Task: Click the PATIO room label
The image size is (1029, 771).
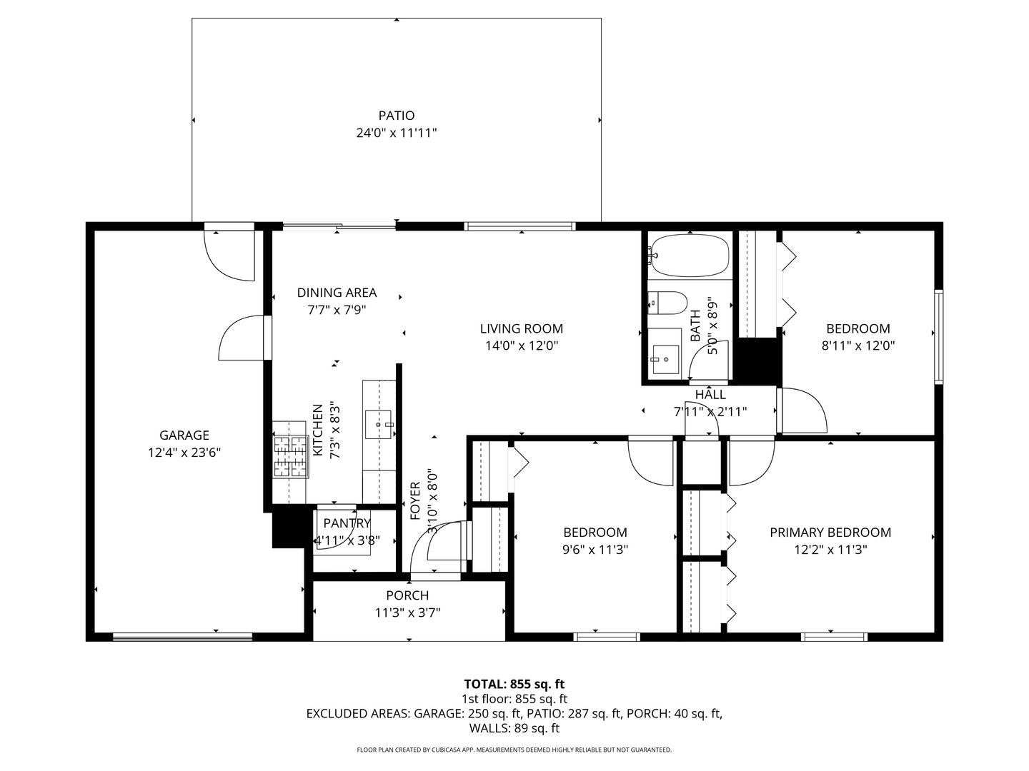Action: pyautogui.click(x=397, y=115)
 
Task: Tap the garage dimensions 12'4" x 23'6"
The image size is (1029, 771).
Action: pyautogui.click(x=184, y=453)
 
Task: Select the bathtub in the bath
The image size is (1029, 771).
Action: pyautogui.click(x=690, y=256)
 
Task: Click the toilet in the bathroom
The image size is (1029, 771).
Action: pyautogui.click(x=667, y=303)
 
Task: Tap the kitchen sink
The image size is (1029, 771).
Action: pyautogui.click(x=379, y=424)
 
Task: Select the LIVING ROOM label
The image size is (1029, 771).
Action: pyautogui.click(x=522, y=328)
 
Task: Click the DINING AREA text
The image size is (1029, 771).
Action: pyautogui.click(x=337, y=293)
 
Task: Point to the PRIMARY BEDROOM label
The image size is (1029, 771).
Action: pyautogui.click(x=830, y=533)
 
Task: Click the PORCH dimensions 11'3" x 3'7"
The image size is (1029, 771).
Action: pyautogui.click(x=407, y=613)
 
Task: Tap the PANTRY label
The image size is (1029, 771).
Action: pyautogui.click(x=347, y=523)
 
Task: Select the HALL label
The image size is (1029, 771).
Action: pyautogui.click(x=710, y=395)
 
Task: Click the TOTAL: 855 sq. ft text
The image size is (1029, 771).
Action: pyautogui.click(x=514, y=684)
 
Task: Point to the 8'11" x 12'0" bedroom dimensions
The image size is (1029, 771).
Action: pyautogui.click(x=858, y=346)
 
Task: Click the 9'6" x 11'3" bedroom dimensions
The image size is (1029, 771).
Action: pyautogui.click(x=595, y=549)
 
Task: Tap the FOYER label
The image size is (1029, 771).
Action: pyautogui.click(x=415, y=501)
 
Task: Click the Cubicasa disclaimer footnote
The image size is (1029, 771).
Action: pyautogui.click(x=514, y=750)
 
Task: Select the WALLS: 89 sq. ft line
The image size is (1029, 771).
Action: pyautogui.click(x=514, y=728)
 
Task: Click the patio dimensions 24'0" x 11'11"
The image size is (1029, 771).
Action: pyautogui.click(x=397, y=133)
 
